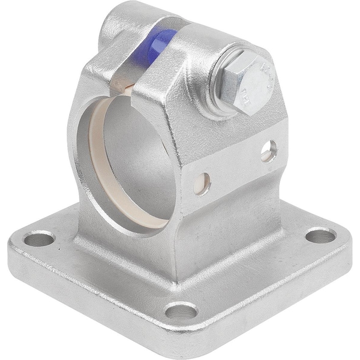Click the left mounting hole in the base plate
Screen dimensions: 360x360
tap(39, 241)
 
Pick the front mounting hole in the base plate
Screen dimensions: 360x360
tap(181, 311)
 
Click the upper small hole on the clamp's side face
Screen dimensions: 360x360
tap(269, 151)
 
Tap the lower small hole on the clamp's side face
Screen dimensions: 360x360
tap(202, 184)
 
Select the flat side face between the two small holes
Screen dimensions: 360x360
tap(237, 168)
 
